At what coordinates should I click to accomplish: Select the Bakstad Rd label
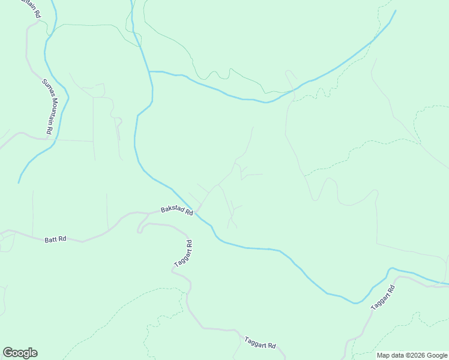pos(177,211)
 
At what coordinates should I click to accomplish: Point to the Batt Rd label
pos(55,239)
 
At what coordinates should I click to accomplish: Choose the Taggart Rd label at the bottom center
pos(260,343)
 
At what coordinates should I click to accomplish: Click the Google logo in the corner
pos(20,353)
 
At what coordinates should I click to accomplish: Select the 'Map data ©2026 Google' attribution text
pos(412,355)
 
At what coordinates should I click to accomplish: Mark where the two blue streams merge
pos(149,71)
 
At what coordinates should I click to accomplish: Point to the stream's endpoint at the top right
pos(396,10)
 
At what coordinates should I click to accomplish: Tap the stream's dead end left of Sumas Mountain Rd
pos(19,182)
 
